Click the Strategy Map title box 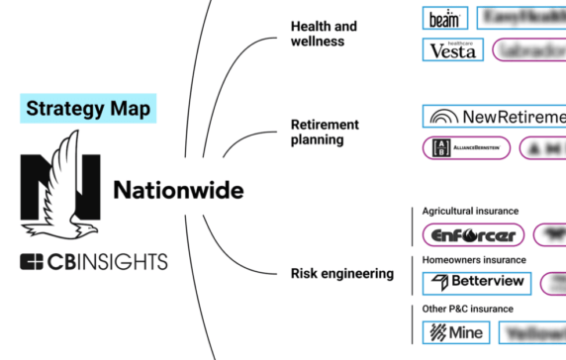(x=87, y=108)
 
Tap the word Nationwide (x=178, y=188)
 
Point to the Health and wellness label (x=324, y=34)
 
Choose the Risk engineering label (x=342, y=273)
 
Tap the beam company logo (x=444, y=18)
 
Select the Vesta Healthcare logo (x=453, y=49)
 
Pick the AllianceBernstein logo (x=466, y=148)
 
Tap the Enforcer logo (x=472, y=235)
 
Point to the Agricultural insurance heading (x=470, y=211)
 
